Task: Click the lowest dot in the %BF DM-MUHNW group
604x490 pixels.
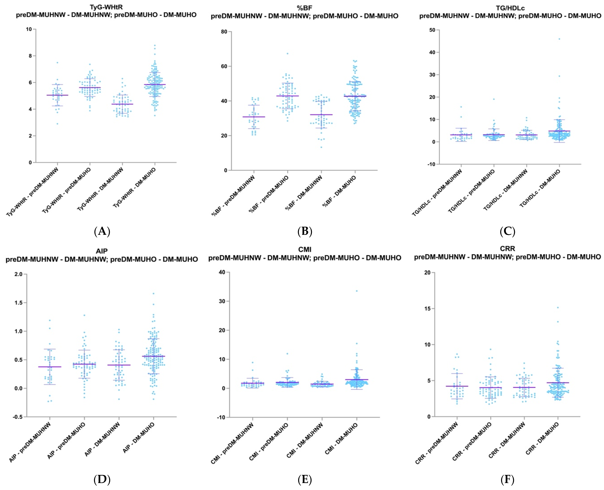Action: (321, 147)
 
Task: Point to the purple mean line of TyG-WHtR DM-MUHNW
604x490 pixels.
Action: (122, 104)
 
